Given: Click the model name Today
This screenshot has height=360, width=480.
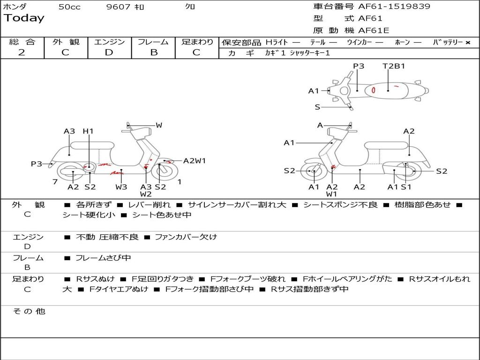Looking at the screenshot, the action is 24,18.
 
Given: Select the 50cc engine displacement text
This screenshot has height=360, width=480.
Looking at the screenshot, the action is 69,7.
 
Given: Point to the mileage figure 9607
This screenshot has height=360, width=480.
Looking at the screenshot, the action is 118,7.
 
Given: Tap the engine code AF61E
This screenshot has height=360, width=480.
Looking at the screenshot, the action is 374,31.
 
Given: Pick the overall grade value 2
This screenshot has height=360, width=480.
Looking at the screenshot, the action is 22,52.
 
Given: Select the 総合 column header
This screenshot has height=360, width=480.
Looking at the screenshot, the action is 22,42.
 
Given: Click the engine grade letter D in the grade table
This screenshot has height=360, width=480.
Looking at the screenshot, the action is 109,52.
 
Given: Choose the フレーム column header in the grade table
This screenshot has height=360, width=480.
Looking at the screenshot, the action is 153,42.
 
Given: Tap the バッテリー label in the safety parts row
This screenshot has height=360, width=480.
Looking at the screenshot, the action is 448,42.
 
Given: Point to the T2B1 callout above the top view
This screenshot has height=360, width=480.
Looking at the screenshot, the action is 394,66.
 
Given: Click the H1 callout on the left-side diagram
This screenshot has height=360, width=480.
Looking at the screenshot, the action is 88,131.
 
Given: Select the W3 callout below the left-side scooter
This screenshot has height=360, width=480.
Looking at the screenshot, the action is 121,187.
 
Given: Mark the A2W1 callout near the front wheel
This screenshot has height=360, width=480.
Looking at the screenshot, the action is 195,161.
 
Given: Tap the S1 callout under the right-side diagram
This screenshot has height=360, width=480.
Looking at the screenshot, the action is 406,187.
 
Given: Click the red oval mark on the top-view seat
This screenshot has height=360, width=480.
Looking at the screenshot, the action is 374,90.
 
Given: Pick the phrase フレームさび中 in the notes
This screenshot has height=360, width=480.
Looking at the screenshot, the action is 103,258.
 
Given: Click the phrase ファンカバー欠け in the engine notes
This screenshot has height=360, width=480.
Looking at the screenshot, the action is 186,237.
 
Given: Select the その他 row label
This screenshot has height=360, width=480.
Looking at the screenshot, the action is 29,311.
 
